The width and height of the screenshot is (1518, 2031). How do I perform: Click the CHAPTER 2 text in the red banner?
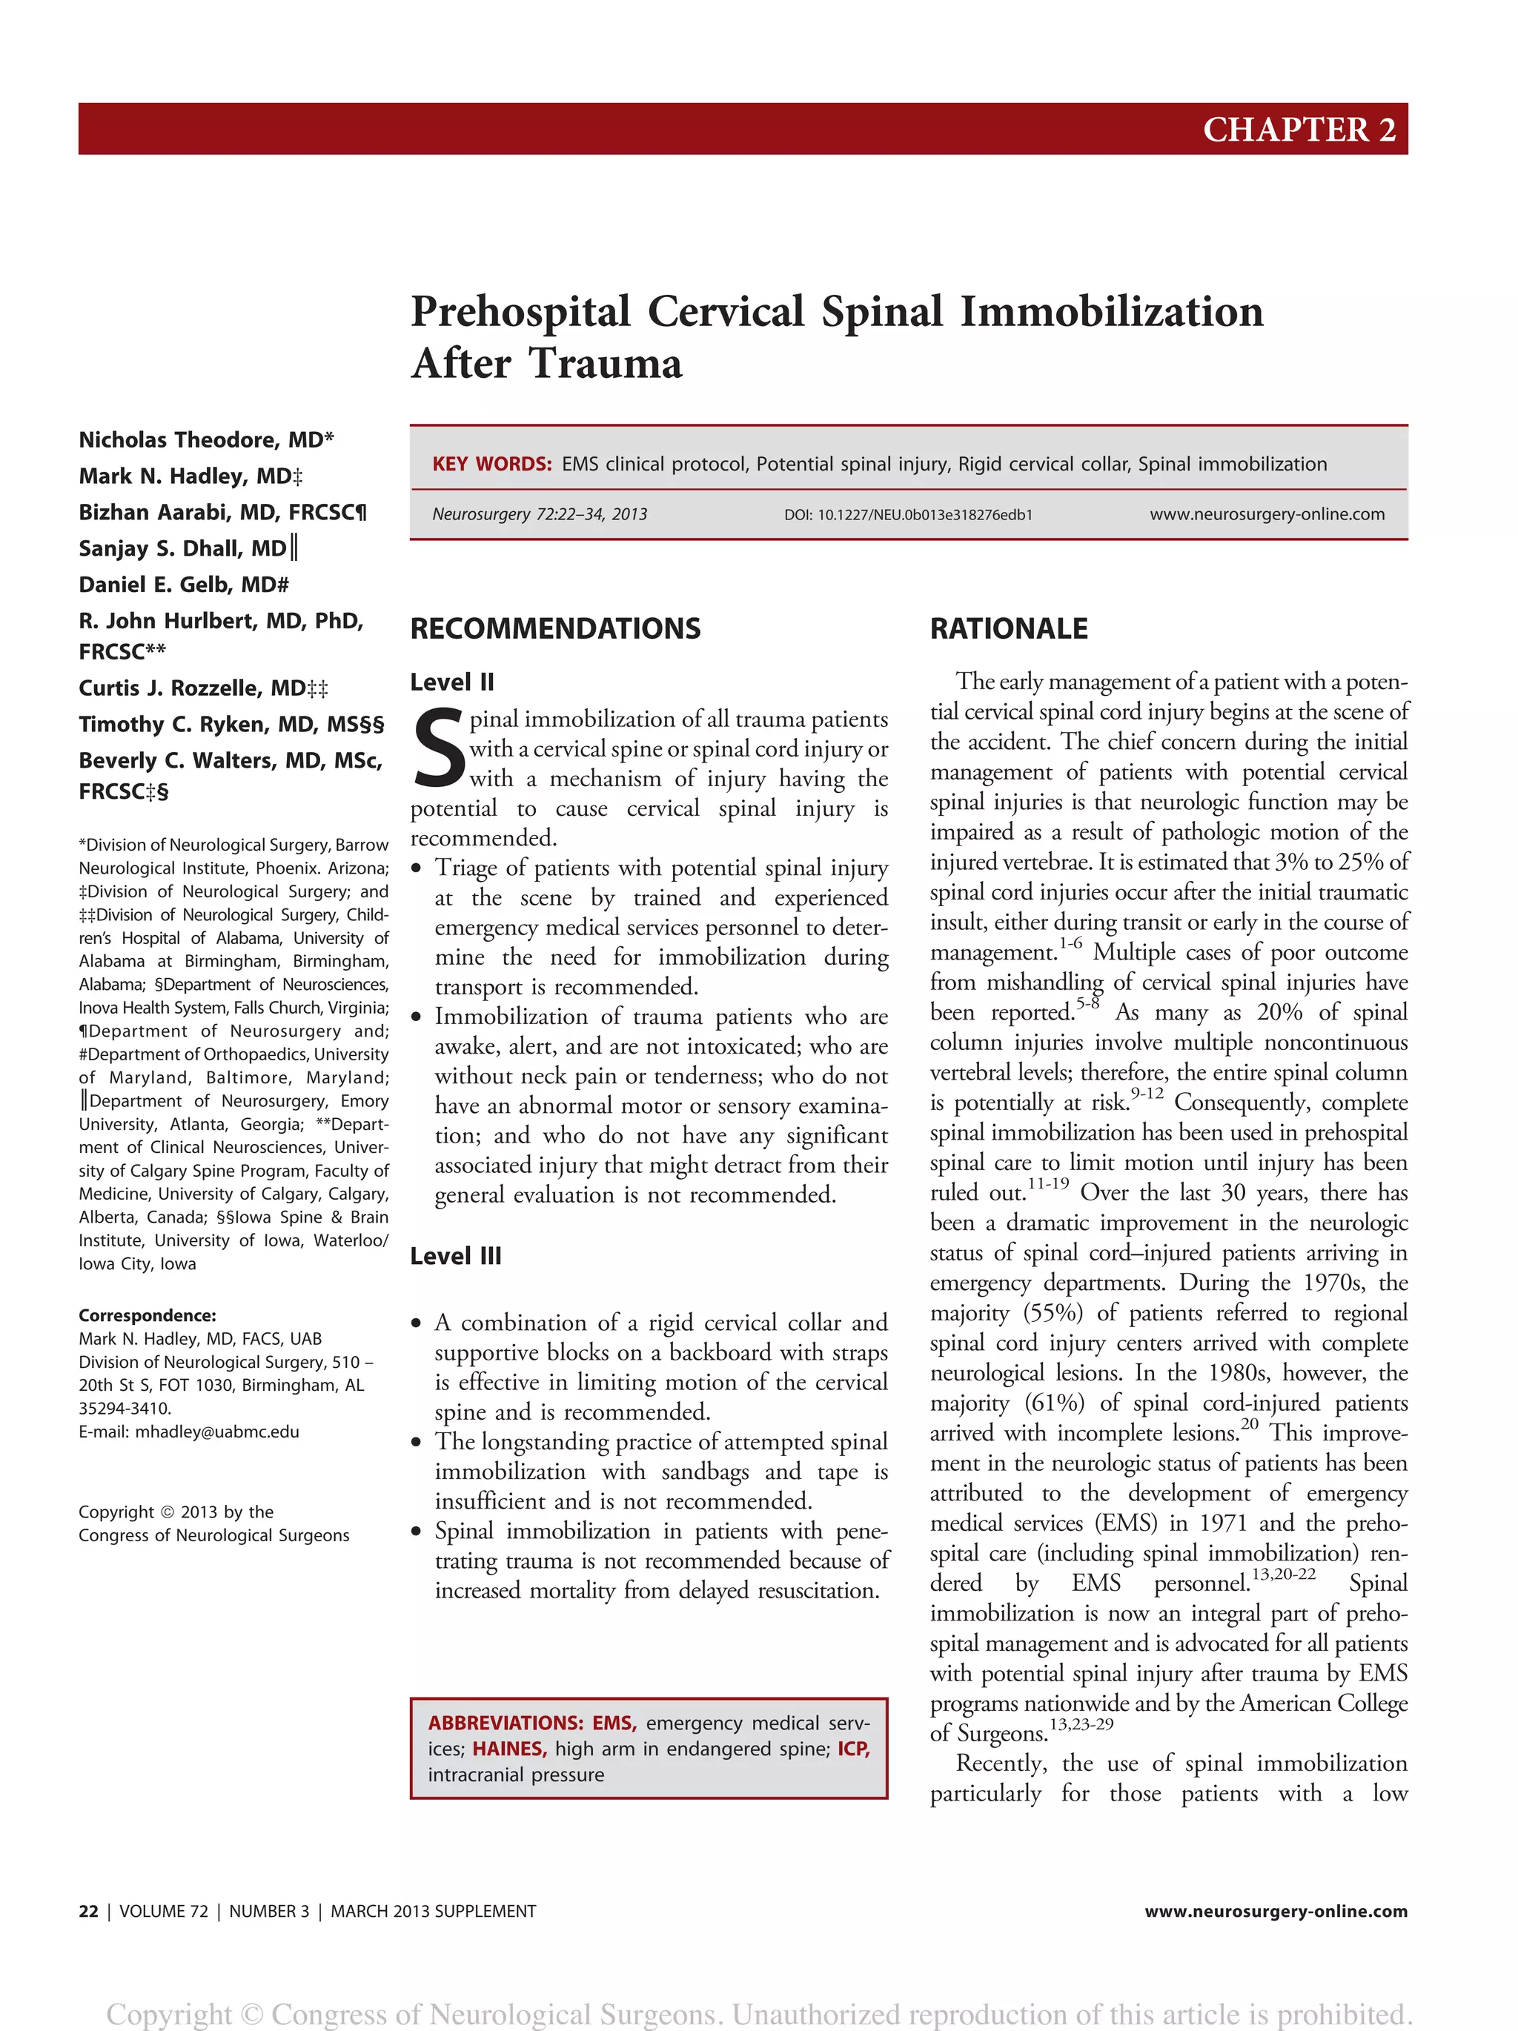[1299, 130]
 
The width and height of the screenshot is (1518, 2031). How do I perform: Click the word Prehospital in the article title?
[520, 312]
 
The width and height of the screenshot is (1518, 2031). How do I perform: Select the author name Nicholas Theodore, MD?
[206, 440]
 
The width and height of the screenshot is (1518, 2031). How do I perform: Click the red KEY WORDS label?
[491, 464]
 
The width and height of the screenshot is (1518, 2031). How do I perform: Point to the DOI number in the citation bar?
[907, 515]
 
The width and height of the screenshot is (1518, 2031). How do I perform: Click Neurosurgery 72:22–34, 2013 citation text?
[539, 514]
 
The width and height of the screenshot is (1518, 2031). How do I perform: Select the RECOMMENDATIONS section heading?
[554, 629]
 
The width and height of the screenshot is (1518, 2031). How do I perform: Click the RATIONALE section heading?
[1008, 629]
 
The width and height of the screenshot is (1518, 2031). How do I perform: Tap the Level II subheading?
[452, 682]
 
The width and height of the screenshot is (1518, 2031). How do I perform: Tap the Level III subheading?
[456, 1256]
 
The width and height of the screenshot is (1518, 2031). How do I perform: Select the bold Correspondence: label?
[147, 1316]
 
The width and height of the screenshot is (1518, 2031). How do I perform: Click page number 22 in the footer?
[88, 1912]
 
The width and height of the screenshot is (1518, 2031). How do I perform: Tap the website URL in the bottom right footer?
[1275, 1912]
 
